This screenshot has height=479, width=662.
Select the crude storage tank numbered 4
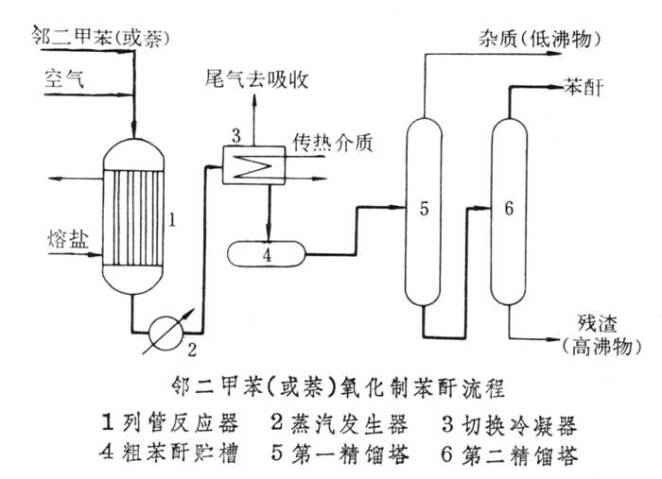[266, 253]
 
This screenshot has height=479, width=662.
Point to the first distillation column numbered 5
[423, 208]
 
